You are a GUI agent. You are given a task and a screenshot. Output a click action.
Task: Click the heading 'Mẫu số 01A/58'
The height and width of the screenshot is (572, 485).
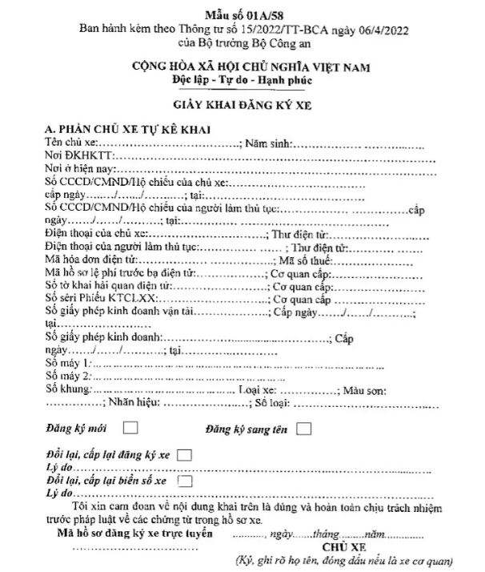pos(241,14)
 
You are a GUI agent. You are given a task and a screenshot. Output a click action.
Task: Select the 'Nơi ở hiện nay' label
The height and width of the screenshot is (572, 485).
pos(81,169)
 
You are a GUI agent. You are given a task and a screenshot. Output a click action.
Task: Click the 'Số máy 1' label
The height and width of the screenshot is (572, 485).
pos(69,364)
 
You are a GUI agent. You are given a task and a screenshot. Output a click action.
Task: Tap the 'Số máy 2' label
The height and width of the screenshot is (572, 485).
pos(69,377)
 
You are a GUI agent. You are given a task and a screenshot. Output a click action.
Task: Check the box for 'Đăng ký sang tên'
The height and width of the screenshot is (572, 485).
pos(303,429)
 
